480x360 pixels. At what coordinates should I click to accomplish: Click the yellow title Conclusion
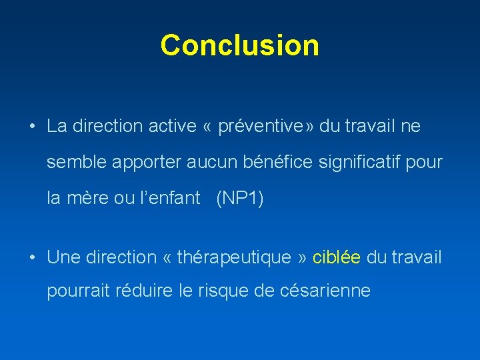coord(240,45)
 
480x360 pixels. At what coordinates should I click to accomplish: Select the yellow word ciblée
coord(337,257)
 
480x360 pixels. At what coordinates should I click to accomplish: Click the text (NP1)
coord(240,198)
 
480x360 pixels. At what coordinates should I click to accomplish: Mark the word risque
coord(222,291)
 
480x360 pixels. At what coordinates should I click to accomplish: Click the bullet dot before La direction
coord(31,126)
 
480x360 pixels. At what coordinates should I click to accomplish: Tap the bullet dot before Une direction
coord(31,257)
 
